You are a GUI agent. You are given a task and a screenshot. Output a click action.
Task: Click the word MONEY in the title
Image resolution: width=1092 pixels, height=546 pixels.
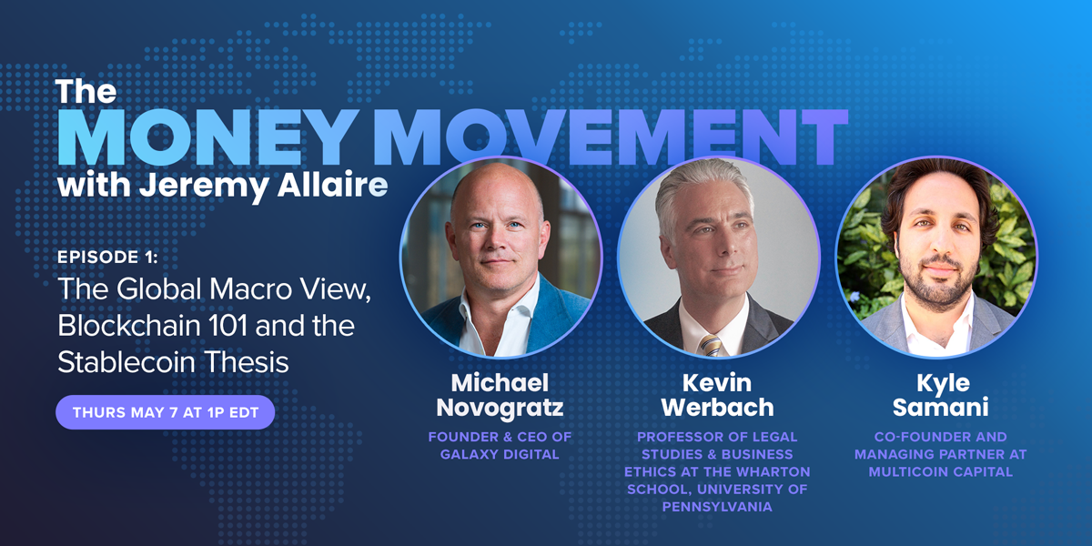coord(208,137)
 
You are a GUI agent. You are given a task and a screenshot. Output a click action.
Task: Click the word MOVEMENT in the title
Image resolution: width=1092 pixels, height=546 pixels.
coord(611,137)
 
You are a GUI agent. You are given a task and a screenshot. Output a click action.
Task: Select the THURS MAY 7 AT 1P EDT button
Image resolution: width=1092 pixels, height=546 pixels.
coord(166,412)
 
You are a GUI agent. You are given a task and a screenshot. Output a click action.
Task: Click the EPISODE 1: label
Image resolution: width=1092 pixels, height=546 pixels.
coord(107,258)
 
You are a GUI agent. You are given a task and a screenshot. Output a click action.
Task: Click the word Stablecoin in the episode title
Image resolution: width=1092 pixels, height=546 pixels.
coord(126,362)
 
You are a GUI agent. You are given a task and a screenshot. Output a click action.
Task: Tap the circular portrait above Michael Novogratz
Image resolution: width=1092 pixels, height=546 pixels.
coord(500,257)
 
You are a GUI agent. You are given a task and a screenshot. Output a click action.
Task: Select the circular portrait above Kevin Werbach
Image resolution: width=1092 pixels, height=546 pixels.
coord(719,257)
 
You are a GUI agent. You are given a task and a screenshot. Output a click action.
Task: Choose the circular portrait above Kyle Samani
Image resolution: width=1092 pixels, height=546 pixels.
coord(936,257)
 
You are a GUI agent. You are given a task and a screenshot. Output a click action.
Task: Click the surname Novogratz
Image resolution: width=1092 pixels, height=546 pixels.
coord(500,408)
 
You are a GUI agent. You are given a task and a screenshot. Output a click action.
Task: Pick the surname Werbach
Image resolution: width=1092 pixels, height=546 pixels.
coord(718,408)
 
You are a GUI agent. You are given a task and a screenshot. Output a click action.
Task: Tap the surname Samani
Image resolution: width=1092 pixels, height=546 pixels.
coord(940,408)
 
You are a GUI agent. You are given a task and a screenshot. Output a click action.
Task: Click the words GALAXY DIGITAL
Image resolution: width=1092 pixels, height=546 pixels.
coord(500,454)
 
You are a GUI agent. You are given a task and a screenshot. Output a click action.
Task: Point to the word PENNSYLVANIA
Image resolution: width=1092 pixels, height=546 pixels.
coord(717,507)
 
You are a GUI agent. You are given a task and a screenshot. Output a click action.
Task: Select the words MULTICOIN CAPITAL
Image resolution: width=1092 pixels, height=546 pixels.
coord(941,472)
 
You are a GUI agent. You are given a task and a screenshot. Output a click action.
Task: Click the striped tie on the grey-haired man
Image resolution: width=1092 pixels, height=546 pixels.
coord(711,345)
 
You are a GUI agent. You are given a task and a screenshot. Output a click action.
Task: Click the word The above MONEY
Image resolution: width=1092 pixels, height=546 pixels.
coord(86,91)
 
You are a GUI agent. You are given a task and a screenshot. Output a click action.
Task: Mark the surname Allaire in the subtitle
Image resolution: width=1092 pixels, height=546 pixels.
coord(332,185)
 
